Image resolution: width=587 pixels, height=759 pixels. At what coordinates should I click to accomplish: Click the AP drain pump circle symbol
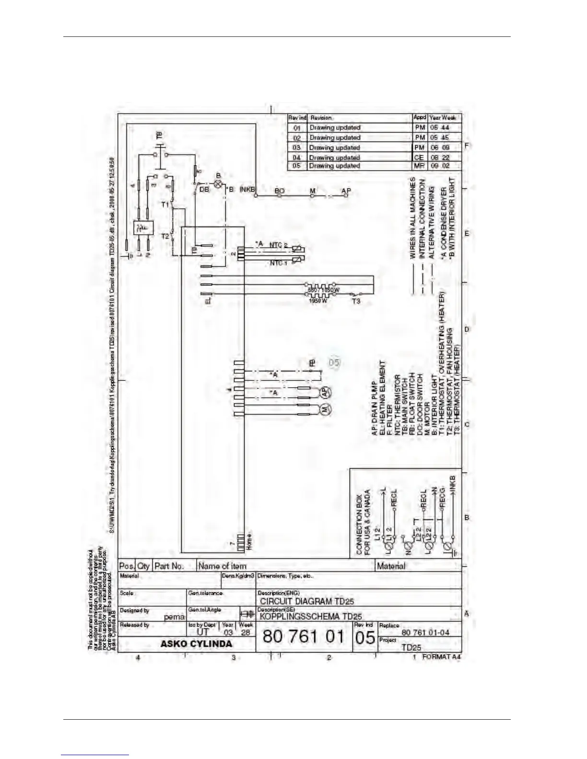(x=326, y=392)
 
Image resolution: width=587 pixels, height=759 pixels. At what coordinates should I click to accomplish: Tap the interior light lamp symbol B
(x=218, y=184)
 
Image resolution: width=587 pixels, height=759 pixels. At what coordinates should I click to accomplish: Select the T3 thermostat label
(x=356, y=301)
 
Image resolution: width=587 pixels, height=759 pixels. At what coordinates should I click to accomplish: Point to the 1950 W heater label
(x=317, y=301)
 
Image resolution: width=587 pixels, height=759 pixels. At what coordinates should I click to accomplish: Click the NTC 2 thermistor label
(x=278, y=245)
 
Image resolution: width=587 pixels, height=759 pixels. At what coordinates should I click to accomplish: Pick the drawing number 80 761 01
(x=304, y=637)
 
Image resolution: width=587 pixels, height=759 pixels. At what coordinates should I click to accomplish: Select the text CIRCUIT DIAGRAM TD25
(x=307, y=601)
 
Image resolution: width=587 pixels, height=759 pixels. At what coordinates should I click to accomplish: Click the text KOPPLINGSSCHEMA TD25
(x=311, y=617)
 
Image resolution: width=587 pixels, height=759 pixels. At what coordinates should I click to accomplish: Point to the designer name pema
(x=174, y=617)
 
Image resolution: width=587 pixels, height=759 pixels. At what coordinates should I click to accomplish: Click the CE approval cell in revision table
(x=419, y=157)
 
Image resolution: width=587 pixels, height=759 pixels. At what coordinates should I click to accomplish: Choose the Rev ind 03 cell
(x=297, y=148)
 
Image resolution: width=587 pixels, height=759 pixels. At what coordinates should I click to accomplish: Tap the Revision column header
(x=321, y=117)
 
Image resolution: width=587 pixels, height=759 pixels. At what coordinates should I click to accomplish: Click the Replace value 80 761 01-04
(x=425, y=632)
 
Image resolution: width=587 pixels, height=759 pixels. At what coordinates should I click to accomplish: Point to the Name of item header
(x=222, y=566)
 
